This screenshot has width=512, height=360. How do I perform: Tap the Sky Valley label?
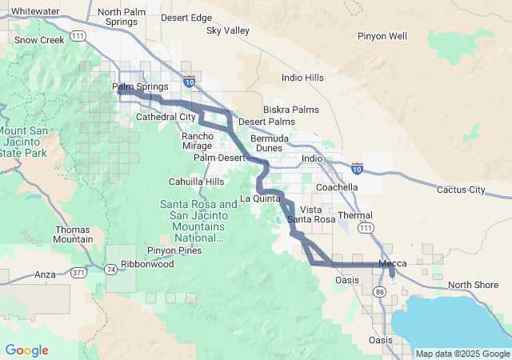click(228, 30)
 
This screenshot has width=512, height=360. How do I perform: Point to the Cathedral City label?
click(166, 117)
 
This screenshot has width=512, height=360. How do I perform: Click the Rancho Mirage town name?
click(198, 141)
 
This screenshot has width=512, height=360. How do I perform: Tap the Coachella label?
click(337, 187)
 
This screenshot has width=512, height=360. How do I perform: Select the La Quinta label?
click(261, 198)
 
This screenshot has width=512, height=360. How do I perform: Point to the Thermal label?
click(355, 215)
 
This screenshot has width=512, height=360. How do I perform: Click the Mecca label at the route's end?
click(392, 264)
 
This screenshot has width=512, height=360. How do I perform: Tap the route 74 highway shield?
click(110, 270)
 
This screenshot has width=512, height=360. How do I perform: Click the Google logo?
click(26, 350)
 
